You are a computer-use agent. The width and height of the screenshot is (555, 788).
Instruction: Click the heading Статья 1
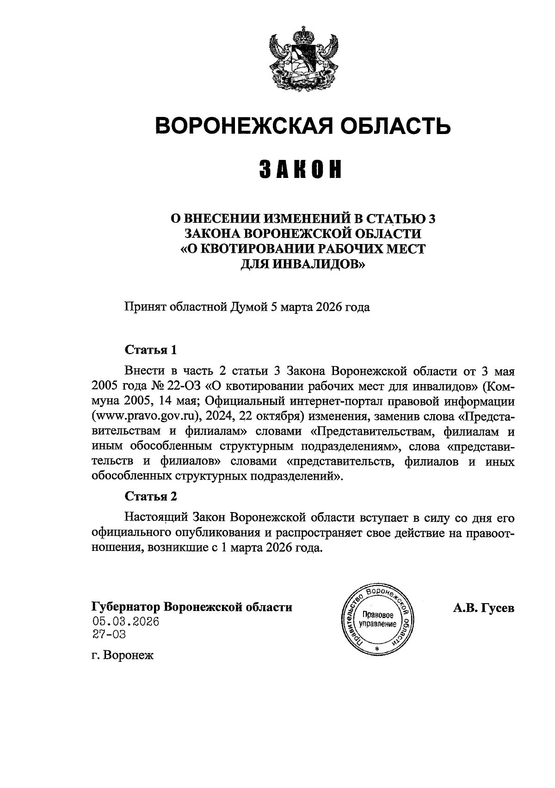click(x=151, y=350)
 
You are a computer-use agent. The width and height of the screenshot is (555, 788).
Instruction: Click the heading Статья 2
click(x=151, y=496)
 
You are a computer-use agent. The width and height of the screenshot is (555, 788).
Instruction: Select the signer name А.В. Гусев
click(x=483, y=608)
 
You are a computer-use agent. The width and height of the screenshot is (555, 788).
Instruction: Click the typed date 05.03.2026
click(x=126, y=622)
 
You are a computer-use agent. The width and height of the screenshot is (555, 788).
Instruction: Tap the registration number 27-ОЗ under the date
click(x=109, y=635)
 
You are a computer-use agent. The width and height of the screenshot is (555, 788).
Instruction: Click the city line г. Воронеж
click(x=122, y=655)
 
